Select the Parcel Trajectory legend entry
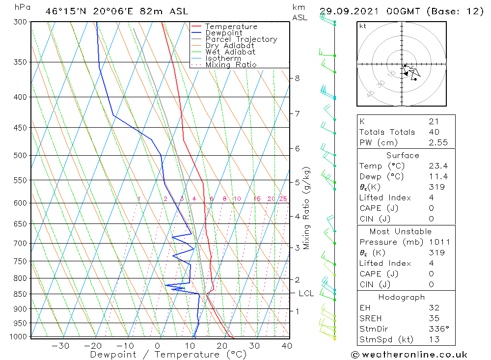pyautogui.click(x=241, y=39)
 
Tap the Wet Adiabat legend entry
pyautogui.click(x=230, y=52)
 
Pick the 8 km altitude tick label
pyautogui.click(x=297, y=78)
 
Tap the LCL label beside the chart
pyautogui.click(x=306, y=294)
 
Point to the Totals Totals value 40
pyautogui.click(x=434, y=132)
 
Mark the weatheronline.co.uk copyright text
pyautogui.click(x=409, y=355)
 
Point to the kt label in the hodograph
pyautogui.click(x=362, y=26)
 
